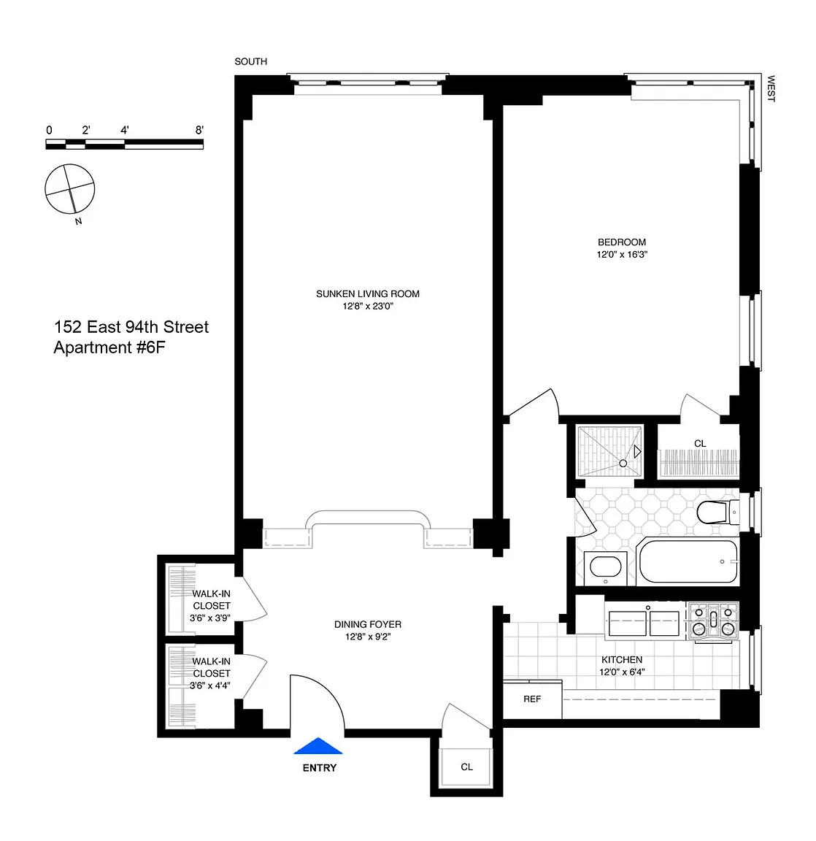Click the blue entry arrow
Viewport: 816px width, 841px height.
(318, 746)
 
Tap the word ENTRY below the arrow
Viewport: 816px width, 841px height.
(320, 768)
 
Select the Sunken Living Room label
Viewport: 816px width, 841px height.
(368, 294)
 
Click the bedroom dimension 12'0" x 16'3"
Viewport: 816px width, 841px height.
(622, 254)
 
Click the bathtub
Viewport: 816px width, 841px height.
(688, 561)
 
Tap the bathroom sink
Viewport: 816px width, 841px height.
(605, 567)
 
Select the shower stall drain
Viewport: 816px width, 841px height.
(623, 463)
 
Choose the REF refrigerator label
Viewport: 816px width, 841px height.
(532, 699)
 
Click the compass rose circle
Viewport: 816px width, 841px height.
(69, 189)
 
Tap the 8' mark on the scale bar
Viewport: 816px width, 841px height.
(199, 130)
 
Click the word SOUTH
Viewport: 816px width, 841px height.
(250, 61)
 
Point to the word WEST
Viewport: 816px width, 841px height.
(771, 88)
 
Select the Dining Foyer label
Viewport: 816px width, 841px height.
(368, 624)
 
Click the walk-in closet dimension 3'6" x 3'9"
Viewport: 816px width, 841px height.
(210, 618)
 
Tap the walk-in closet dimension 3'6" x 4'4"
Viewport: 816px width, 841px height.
(210, 686)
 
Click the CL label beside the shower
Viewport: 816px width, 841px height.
(700, 444)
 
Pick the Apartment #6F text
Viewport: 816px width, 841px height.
(109, 347)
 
